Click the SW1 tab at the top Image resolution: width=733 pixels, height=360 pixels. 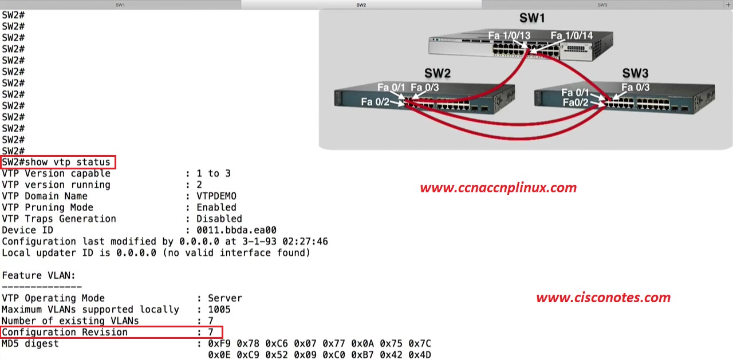pyautogui.click(x=120, y=5)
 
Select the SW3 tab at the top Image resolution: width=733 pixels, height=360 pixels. pyautogui.click(x=602, y=5)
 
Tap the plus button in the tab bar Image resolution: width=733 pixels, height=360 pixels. pyautogui.click(x=728, y=5)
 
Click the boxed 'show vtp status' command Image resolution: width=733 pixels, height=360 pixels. pyautogui.click(x=58, y=163)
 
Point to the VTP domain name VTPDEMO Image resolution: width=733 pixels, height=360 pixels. pyautogui.click(x=216, y=196)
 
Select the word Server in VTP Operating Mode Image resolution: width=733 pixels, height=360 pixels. pyautogui.click(x=224, y=298)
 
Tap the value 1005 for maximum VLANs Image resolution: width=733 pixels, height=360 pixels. pyautogui.click(x=219, y=310)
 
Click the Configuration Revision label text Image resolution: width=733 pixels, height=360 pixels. pyautogui.click(x=65, y=332)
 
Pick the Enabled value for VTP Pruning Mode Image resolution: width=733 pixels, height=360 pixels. pyautogui.click(x=216, y=207)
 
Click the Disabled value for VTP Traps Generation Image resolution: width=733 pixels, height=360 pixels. pyautogui.click(x=219, y=219)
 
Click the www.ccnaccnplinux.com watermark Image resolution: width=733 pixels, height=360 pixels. pyautogui.click(x=498, y=188)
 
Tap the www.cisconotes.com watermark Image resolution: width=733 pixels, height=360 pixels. pyautogui.click(x=603, y=298)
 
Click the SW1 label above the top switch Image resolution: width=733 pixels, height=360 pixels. pyautogui.click(x=532, y=18)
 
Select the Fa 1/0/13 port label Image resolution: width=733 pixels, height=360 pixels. pyautogui.click(x=509, y=35)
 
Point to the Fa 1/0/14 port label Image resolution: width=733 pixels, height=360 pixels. pyautogui.click(x=572, y=35)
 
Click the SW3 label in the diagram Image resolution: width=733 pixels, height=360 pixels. pyautogui.click(x=635, y=73)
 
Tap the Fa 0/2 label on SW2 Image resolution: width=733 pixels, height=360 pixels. pyautogui.click(x=375, y=102)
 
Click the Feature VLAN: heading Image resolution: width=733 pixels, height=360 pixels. pyautogui.click(x=39, y=275)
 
